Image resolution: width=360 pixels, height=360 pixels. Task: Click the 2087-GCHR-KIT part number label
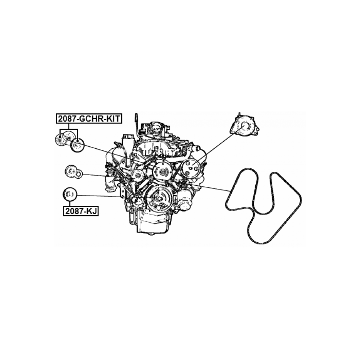pyautogui.click(x=89, y=118)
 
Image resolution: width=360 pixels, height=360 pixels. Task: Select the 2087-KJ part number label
pyautogui.click(x=81, y=211)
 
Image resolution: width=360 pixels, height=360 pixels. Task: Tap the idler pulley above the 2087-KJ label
pyautogui.click(x=70, y=195)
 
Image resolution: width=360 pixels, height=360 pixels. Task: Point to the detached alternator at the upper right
pyautogui.click(x=245, y=127)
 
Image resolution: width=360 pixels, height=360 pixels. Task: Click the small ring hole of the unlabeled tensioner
pyautogui.click(x=79, y=174)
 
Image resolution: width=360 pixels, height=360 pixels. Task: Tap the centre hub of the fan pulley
pyautogui.click(x=163, y=172)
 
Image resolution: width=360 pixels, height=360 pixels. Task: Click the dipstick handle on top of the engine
pyautogui.click(x=136, y=118)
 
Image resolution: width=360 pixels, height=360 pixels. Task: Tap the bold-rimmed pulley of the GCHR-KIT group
pyautogui.click(x=78, y=145)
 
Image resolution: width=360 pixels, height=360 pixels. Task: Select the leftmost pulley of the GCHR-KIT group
pyautogui.click(x=60, y=140)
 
